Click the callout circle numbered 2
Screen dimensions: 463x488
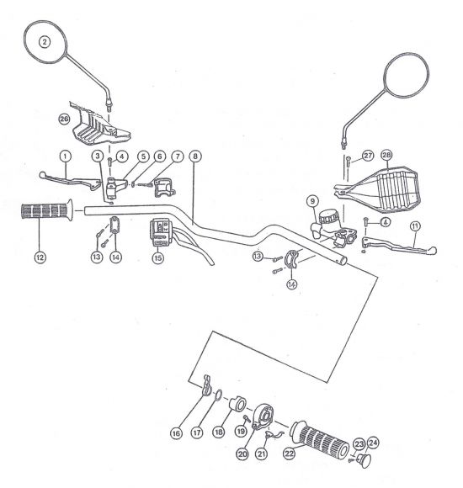pos(45,42)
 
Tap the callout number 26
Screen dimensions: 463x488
pos(64,119)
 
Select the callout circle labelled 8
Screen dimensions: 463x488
pos(195,156)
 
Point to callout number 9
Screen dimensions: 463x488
pos(312,201)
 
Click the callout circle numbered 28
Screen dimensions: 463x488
pos(386,155)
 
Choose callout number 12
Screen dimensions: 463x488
pos(40,257)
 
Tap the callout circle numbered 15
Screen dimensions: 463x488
pos(158,257)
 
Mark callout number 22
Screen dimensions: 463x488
pos(290,454)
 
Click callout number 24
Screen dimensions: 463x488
pos(373,443)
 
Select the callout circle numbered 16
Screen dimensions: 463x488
pos(176,433)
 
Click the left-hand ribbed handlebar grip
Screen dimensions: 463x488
pos(47,210)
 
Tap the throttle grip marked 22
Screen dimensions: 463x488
pos(319,439)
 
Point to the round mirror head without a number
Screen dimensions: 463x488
pos(406,76)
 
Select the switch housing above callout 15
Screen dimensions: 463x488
pos(160,232)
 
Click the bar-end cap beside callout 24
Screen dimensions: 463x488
pos(364,460)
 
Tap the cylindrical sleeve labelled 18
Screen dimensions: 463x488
pos(238,404)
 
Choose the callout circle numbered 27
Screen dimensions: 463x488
pos(368,156)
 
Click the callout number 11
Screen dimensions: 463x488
pos(415,226)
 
